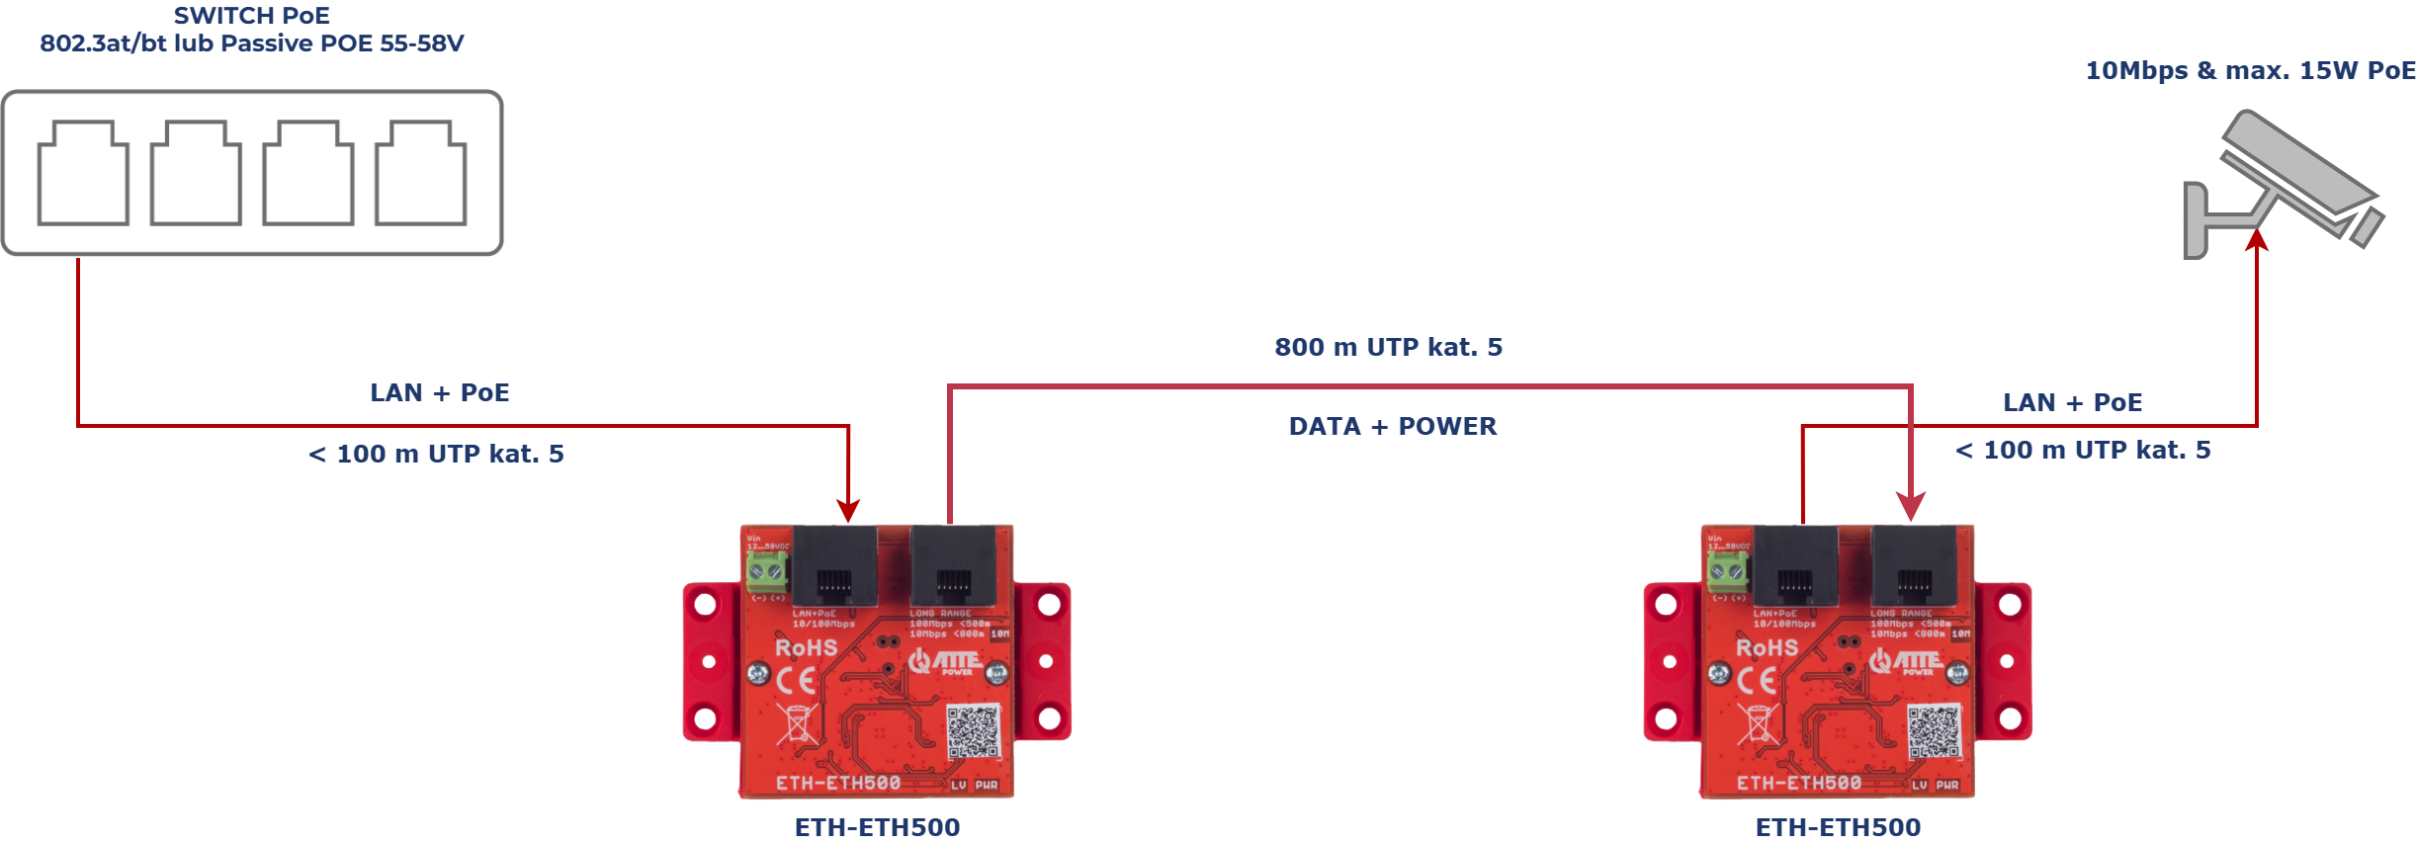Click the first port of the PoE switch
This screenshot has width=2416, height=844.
(x=83, y=173)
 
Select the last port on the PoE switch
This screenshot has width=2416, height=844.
(x=421, y=173)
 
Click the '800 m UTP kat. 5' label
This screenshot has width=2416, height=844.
(x=1388, y=347)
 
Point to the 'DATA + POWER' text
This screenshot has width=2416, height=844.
(x=1392, y=426)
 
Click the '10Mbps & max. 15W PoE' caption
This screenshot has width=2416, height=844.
(x=2250, y=70)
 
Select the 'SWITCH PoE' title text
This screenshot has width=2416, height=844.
(x=251, y=16)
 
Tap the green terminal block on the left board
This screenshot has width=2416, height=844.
(x=766, y=571)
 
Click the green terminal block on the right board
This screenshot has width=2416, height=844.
(x=1727, y=571)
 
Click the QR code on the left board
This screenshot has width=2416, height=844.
(x=974, y=731)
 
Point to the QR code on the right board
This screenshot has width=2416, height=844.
(x=1934, y=731)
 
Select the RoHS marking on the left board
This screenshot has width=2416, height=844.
(x=806, y=648)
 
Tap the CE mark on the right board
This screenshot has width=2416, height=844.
(x=1756, y=680)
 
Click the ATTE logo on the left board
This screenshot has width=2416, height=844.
(x=945, y=660)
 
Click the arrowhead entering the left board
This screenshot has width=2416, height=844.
(x=848, y=510)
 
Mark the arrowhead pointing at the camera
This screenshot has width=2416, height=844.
(x=2257, y=240)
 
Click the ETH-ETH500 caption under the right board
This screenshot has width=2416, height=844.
(x=1838, y=827)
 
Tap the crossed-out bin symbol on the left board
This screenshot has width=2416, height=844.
(x=795, y=723)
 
